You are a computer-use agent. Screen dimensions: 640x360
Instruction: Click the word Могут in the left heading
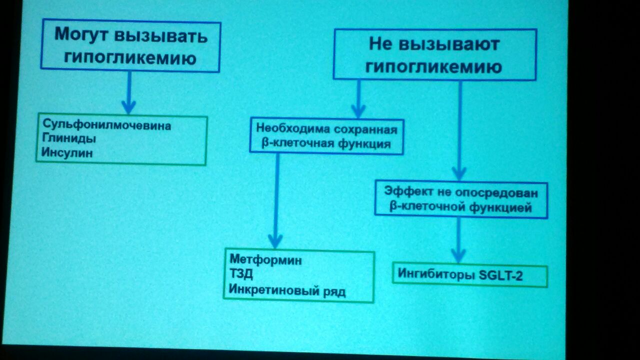point(81,35)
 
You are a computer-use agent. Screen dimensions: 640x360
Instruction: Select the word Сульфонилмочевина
point(107,125)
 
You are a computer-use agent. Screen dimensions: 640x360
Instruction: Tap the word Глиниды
point(69,138)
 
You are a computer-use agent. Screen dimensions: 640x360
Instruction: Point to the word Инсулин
point(67,152)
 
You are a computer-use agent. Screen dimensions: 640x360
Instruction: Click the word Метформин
point(265,260)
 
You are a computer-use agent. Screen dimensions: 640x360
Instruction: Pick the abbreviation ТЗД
point(241,274)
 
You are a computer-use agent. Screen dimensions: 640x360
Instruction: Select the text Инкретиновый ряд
point(287,291)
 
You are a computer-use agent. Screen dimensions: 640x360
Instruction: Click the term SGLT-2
point(500,275)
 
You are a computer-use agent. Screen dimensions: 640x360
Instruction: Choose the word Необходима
point(293,128)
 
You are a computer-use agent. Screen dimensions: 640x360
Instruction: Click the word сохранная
point(365,129)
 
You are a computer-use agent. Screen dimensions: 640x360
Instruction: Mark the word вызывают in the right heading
point(449,45)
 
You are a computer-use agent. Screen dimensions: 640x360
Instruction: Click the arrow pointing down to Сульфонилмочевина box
point(129,92)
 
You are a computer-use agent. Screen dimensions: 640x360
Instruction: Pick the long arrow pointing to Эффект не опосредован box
point(459,131)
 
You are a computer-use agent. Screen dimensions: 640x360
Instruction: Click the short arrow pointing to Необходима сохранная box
point(358,99)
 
